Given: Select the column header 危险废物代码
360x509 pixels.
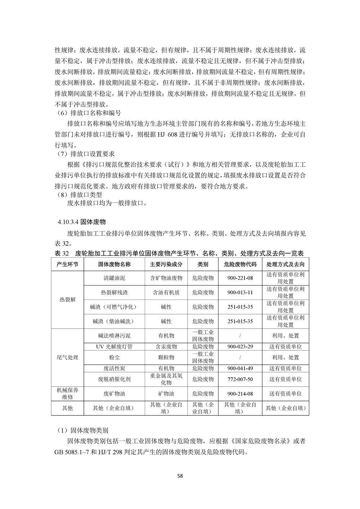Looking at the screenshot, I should coord(240,264).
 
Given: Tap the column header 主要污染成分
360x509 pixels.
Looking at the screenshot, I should coord(166,264).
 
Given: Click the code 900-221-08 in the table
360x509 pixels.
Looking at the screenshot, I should coord(240,278).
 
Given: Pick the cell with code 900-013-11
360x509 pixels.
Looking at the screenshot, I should coord(240,292).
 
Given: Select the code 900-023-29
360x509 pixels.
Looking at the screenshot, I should coord(240,347).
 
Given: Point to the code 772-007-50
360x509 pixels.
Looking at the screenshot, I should coord(240,379).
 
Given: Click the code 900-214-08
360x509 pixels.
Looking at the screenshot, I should coord(240,394).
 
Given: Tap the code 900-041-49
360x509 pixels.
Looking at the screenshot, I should coord(240,368).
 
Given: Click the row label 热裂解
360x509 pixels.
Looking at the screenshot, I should coord(68,299).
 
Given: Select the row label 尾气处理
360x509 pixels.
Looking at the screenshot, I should coord(68,357).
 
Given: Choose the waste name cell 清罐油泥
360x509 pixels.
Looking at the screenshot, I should coord(114,278).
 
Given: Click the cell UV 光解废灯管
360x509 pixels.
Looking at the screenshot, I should coord(114,347).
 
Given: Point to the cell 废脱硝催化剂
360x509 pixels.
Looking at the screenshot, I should coord(114,379).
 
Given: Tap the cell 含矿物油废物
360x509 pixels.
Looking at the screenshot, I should coord(166,278).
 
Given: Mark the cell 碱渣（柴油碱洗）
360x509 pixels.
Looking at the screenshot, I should coord(114,321).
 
